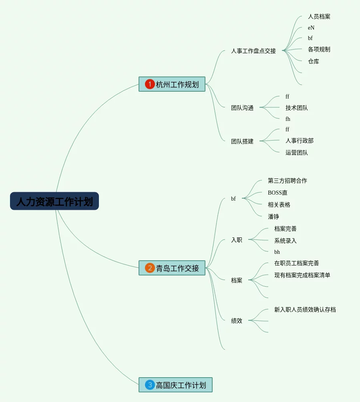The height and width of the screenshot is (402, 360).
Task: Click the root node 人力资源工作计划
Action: tap(54, 201)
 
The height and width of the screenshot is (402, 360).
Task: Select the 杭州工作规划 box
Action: tap(172, 84)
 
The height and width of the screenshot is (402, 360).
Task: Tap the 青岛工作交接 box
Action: tap(172, 268)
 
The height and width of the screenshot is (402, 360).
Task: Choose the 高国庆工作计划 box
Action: tap(175, 385)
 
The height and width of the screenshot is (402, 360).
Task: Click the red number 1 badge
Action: tap(150, 84)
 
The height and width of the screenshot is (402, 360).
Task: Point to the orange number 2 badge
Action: tap(150, 268)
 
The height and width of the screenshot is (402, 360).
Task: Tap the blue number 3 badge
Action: tap(150, 385)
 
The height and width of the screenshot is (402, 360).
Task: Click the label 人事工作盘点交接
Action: tap(253, 51)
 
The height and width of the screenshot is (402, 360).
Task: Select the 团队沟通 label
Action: tap(242, 108)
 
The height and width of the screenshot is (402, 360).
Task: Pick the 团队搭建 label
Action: tap(242, 141)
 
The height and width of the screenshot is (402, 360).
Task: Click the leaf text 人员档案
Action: tap(319, 16)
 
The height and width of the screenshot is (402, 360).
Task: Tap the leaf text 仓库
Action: tap(313, 61)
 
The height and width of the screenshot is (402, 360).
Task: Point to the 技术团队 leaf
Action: tap(296, 108)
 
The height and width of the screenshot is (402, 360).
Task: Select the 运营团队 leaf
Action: tap(296, 153)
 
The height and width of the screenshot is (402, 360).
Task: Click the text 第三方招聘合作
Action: tap(287, 181)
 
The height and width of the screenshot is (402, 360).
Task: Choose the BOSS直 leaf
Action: tap(278, 193)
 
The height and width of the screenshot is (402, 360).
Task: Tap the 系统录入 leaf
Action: tap(285, 241)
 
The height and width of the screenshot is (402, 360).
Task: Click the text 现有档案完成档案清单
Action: tap(302, 275)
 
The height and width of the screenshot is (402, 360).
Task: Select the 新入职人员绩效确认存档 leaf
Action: tap(305, 310)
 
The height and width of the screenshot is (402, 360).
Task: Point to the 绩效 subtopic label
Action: tap(236, 320)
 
